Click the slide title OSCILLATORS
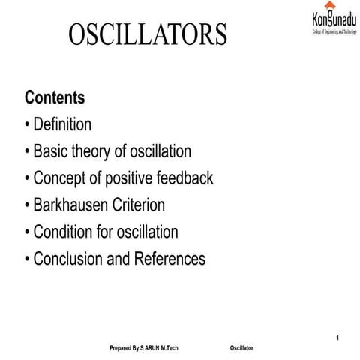click(148, 34)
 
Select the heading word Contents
click(55, 97)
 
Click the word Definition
click(62, 124)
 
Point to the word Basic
click(52, 151)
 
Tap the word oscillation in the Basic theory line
click(160, 151)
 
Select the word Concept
click(61, 178)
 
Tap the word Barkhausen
click(74, 205)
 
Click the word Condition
click(64, 232)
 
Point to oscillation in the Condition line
click(148, 232)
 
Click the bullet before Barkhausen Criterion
click(28, 205)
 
